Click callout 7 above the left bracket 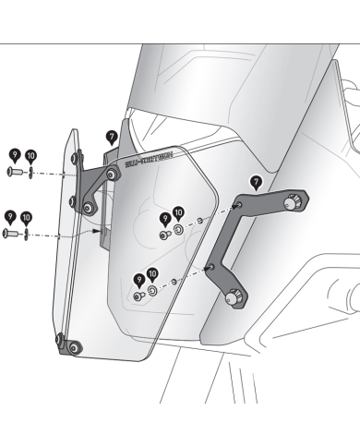[112, 137]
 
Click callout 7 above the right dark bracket [256, 181]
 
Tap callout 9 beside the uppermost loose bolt [14, 155]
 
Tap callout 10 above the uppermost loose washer [30, 155]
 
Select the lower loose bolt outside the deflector [12, 236]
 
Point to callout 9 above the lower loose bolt [11, 218]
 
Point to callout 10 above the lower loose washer [27, 218]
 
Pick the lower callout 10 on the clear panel [152, 274]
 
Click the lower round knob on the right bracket [233, 296]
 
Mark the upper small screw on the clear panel [163, 236]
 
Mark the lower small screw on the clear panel [138, 296]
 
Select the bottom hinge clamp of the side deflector [68, 346]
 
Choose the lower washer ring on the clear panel [151, 290]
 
